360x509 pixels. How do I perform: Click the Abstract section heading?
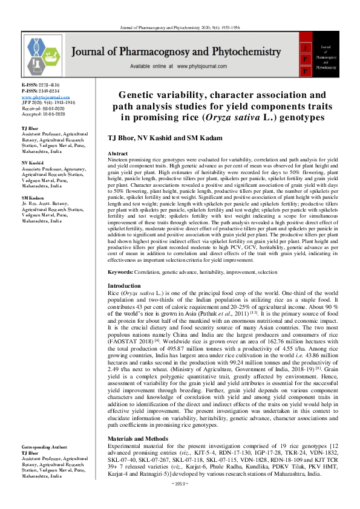tap(117, 154)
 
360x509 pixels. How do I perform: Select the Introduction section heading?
tap(124, 285)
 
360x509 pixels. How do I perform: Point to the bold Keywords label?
tap(120, 271)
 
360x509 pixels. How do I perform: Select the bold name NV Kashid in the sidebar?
tap(33, 163)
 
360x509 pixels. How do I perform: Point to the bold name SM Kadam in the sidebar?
tap(33, 197)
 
